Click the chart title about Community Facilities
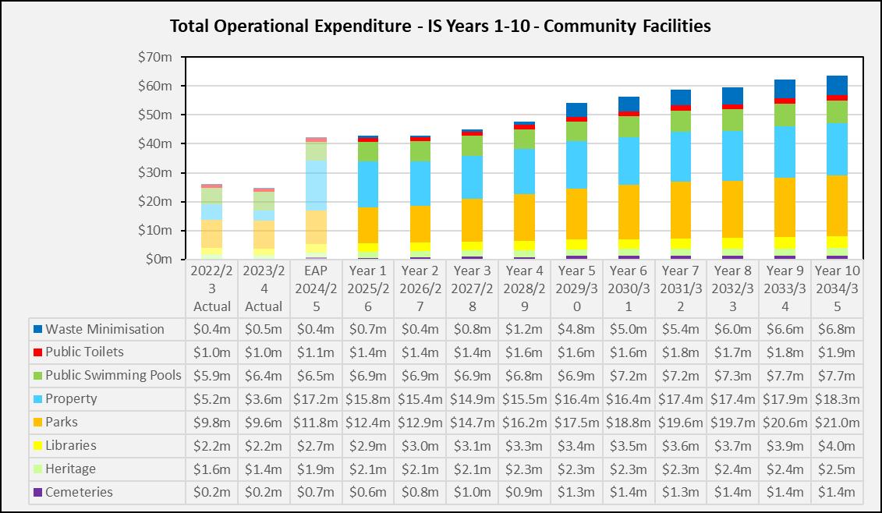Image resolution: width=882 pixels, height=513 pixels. [441, 26]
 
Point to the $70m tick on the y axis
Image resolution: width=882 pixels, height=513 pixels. [156, 57]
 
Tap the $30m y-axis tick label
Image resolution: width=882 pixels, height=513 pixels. [156, 172]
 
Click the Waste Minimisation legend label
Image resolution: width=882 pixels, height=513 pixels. [104, 329]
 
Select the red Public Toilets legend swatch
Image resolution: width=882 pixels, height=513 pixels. [37, 352]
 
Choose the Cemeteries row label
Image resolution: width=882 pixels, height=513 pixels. [79, 493]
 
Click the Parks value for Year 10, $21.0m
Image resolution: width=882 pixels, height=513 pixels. [837, 423]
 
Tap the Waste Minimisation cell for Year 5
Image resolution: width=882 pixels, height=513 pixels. [576, 329]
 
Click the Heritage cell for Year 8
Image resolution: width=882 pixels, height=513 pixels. [732, 469]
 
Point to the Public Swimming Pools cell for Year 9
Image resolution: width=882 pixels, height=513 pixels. [785, 376]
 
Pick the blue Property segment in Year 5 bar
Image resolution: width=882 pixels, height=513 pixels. [576, 165]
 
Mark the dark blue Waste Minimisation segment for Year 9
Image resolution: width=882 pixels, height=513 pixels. [785, 89]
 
